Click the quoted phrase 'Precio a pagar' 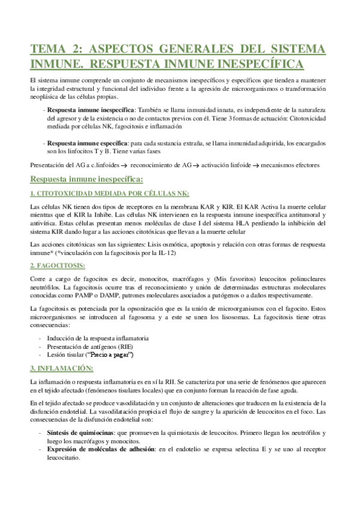(x=114, y=355)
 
